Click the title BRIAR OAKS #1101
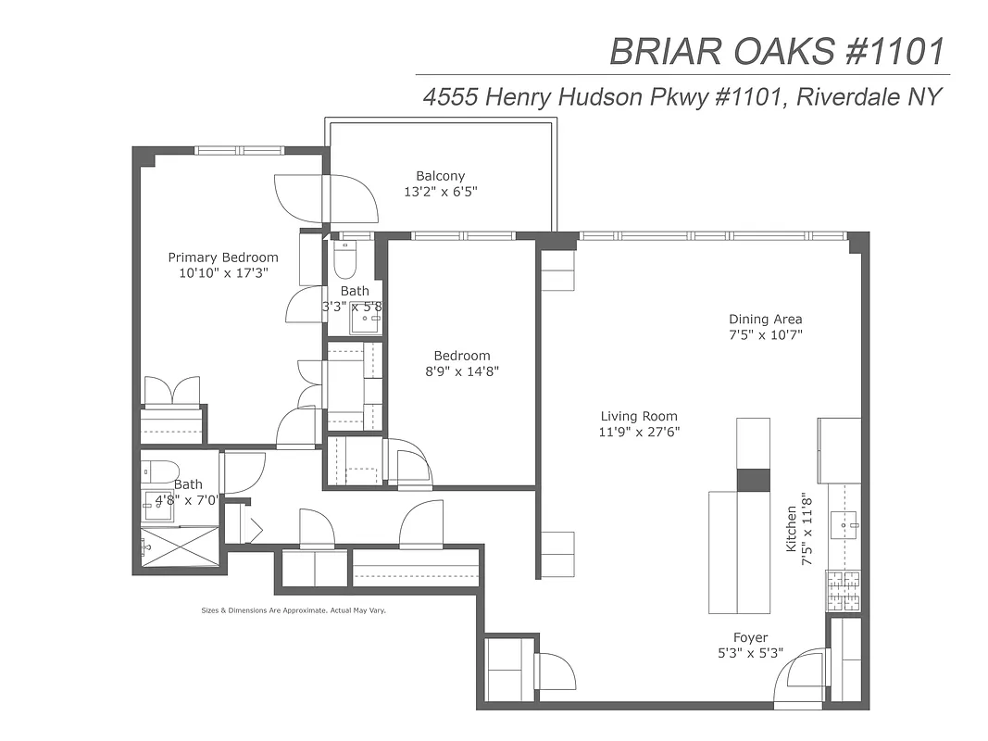[779, 51]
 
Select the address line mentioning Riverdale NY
[682, 96]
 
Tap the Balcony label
[440, 176]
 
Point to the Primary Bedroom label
[222, 257]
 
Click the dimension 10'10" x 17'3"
[222, 273]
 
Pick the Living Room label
[638, 417]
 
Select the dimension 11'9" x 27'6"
[638, 433]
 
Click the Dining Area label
[765, 320]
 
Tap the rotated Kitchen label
[792, 529]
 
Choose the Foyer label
[750, 638]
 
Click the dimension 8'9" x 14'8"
[462, 371]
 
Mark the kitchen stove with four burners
[844, 590]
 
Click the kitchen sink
[845, 526]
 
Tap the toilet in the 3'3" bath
[344, 260]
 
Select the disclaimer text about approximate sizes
[293, 610]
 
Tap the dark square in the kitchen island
[752, 480]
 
